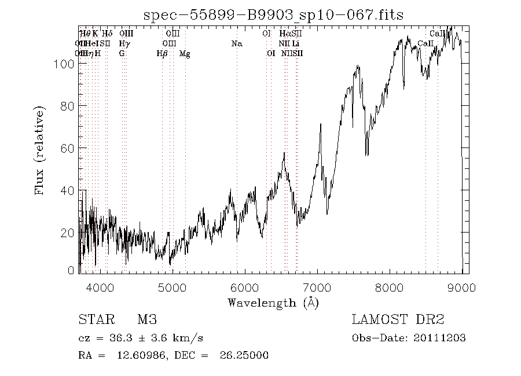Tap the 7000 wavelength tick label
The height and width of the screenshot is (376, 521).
pos(317,287)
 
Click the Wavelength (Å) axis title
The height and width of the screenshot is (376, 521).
pos(273,303)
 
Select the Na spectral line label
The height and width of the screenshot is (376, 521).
pos(236,43)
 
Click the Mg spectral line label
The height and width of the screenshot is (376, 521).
pos(185,54)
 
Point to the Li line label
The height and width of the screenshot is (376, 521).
pos(296,43)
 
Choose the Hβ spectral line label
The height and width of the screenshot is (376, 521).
pos(162,54)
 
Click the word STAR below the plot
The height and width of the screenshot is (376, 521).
pos(94,320)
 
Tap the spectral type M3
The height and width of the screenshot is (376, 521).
pos(147,320)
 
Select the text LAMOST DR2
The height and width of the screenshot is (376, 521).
pos(398,320)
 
